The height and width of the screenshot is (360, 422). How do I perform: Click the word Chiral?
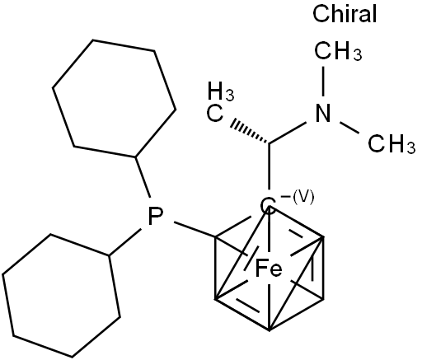click(x=345, y=14)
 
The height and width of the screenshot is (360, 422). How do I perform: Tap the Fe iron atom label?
click(x=269, y=269)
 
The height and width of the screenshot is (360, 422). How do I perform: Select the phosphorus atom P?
click(x=155, y=216)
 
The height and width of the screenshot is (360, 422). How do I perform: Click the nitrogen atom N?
click(x=323, y=113)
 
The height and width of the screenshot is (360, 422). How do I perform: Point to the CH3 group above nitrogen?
click(x=338, y=51)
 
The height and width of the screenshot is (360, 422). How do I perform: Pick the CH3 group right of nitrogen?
click(x=392, y=143)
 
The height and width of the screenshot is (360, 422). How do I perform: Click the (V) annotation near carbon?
click(x=303, y=198)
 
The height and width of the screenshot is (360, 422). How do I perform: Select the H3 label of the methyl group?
click(x=221, y=91)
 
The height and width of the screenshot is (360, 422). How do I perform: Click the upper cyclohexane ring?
click(x=115, y=99)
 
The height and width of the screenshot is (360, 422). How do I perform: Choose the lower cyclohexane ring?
click(x=62, y=296)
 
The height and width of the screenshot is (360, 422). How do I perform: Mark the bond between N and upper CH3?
click(x=323, y=81)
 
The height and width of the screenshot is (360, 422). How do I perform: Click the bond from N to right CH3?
click(x=349, y=128)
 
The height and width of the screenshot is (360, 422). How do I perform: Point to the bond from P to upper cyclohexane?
click(x=143, y=177)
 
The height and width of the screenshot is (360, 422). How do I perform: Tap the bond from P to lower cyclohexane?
click(x=125, y=241)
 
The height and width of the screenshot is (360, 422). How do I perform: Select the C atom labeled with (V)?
click(x=268, y=205)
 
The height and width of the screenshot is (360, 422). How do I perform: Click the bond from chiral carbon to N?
click(x=288, y=133)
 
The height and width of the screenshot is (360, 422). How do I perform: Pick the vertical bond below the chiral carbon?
click(x=269, y=166)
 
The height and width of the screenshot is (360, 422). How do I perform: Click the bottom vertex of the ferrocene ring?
click(x=269, y=330)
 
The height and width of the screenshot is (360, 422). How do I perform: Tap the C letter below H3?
click(x=215, y=113)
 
